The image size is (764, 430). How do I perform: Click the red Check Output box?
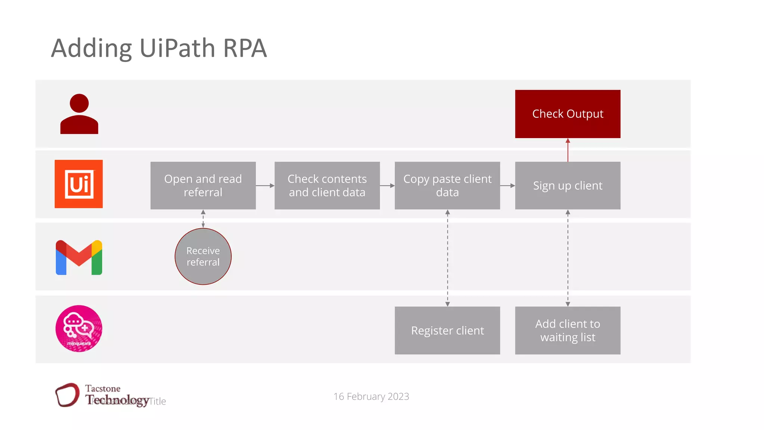tap(567, 114)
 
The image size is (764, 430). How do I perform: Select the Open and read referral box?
tap(203, 186)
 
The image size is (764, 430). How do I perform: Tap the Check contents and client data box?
tap(327, 186)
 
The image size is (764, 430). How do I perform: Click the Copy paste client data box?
tap(447, 186)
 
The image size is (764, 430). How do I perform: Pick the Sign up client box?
tap(567, 186)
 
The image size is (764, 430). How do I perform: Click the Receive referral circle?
tap(203, 256)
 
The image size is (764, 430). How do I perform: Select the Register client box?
tap(447, 330)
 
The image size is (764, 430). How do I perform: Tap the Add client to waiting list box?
tap(567, 330)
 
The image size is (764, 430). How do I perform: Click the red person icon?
tap(79, 114)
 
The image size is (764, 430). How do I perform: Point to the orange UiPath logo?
tap(79, 184)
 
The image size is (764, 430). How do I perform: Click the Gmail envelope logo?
tap(79, 258)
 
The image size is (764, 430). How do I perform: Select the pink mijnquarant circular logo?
tap(79, 328)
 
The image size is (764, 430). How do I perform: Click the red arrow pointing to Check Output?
tap(568, 150)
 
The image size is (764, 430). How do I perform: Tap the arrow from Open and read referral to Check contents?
tap(265, 186)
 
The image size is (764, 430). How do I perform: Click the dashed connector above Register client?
tap(447, 258)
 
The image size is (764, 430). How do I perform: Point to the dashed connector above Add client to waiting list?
tap(568, 258)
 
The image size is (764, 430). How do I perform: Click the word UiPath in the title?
tap(177, 49)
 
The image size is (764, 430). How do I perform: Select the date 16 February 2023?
tap(371, 396)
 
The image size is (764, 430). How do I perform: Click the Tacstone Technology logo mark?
tap(68, 395)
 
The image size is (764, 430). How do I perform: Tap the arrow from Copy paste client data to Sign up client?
tap(507, 186)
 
